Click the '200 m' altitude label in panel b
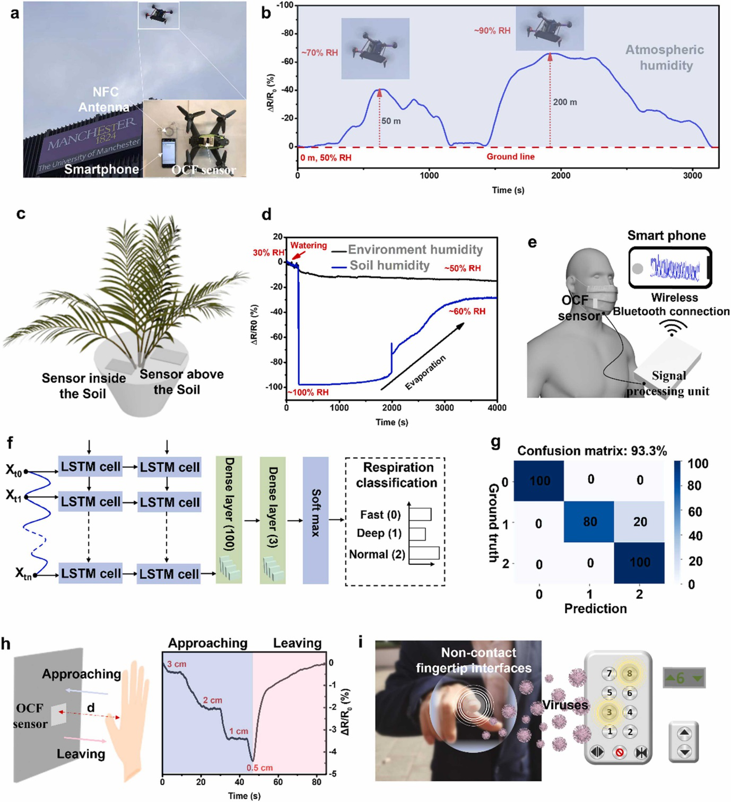coord(564,102)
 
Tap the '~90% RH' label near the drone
coord(492,31)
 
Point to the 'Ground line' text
coord(510,156)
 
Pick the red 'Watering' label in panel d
coord(308,245)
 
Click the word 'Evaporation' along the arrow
coord(425,372)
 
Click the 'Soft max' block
coord(316,520)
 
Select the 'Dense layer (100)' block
coord(229,520)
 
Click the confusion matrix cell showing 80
coord(589,521)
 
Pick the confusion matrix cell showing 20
coord(639,521)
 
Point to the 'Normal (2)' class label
coord(377,554)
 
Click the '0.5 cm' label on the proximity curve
coord(259,768)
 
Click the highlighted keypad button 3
coord(609,712)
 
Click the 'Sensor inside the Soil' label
coord(83,386)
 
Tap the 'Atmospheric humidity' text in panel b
coord(665,57)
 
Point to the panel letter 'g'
coord(495,443)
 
